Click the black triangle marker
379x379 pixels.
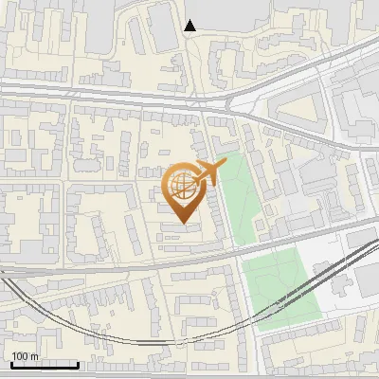(190, 26)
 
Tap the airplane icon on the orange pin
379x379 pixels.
(208, 173)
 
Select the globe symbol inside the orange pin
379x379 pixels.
(183, 188)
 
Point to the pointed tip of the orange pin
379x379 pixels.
(183, 223)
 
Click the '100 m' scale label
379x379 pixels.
(25, 356)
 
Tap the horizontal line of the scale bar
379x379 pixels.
(45, 365)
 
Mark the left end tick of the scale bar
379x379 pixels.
(11, 363)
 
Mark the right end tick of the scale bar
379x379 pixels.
(78, 363)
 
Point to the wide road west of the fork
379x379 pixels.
(95, 90)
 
